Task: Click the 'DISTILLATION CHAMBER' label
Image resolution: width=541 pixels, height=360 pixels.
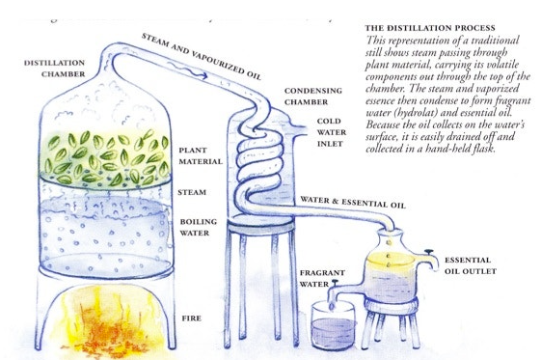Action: click(x=55, y=69)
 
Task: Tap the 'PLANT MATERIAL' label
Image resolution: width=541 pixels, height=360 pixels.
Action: click(x=201, y=156)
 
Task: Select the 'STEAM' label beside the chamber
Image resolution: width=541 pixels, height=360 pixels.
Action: click(x=192, y=192)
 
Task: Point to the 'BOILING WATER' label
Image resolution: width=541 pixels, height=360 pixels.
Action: click(x=199, y=227)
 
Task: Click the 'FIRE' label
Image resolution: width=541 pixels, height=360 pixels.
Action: click(x=192, y=318)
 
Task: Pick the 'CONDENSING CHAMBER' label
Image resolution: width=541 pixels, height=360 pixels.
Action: click(x=313, y=97)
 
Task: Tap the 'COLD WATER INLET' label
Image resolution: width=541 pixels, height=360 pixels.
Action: click(x=332, y=132)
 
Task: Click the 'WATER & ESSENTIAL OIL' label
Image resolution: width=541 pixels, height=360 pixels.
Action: click(x=353, y=203)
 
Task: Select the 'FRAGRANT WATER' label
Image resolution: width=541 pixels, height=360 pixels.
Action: click(x=322, y=278)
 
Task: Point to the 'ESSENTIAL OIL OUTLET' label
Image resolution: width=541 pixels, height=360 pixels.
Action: click(x=471, y=265)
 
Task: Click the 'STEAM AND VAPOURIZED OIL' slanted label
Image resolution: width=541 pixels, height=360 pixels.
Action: click(x=202, y=56)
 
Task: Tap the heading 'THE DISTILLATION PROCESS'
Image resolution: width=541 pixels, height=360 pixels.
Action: click(x=430, y=28)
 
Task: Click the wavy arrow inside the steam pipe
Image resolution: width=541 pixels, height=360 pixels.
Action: click(x=188, y=70)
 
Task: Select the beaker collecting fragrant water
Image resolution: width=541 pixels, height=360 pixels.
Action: click(x=333, y=325)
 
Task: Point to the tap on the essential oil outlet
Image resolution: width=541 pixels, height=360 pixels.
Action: click(x=429, y=253)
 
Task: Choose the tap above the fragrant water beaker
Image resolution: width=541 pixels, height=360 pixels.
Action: click(x=334, y=284)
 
